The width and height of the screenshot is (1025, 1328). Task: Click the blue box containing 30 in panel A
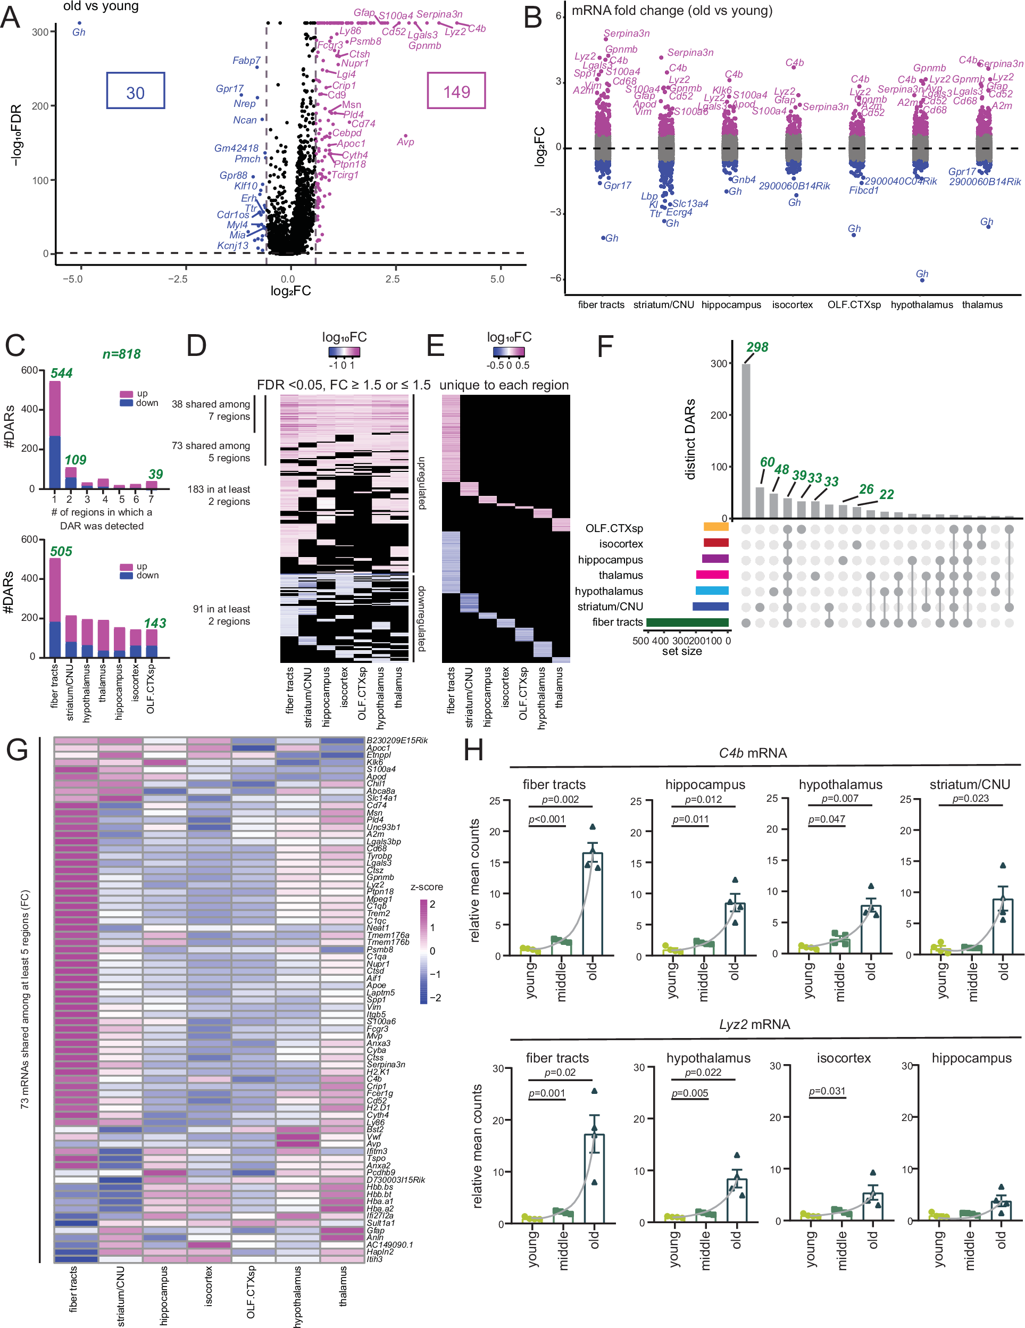[135, 90]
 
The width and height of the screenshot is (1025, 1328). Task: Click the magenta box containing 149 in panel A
[456, 90]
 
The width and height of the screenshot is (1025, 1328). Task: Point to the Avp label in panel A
[405, 142]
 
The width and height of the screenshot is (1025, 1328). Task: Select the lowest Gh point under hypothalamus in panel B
[922, 280]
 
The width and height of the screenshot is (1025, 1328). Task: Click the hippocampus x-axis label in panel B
[731, 305]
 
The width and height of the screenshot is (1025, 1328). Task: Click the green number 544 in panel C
[61, 373]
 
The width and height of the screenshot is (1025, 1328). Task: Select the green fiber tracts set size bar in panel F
[687, 622]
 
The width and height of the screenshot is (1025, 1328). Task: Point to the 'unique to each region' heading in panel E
[504, 385]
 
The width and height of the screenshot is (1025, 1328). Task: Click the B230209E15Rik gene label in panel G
[396, 740]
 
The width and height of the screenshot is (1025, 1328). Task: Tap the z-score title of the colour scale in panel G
[426, 886]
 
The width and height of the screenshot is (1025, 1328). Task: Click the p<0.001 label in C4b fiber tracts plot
[547, 819]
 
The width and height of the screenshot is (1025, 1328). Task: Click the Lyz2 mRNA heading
[754, 1025]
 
